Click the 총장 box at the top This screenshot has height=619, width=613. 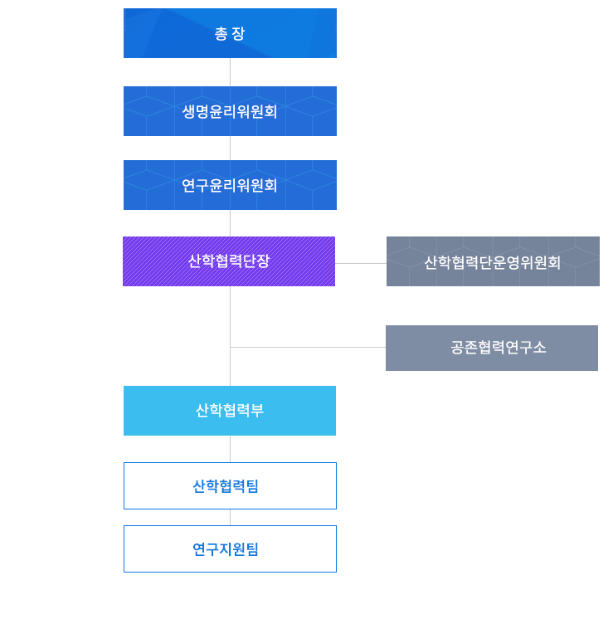(x=230, y=33)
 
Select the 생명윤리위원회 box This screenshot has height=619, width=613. (x=230, y=111)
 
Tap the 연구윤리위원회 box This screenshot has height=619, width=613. (x=230, y=185)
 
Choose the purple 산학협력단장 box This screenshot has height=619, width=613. (x=229, y=261)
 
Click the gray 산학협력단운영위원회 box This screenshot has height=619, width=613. (x=493, y=261)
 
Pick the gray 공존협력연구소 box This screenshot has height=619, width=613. (x=492, y=348)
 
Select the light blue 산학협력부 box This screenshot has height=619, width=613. (x=230, y=411)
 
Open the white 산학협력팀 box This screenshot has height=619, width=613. (x=230, y=485)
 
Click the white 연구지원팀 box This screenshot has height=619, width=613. (x=230, y=548)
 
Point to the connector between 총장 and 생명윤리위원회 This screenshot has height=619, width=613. (x=230, y=72)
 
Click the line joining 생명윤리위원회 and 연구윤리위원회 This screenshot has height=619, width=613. (x=230, y=148)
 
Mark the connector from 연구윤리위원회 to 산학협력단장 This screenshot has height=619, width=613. (x=230, y=223)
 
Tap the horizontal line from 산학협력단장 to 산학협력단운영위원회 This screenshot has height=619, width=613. (x=361, y=263)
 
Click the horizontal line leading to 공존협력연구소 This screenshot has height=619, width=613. (x=308, y=347)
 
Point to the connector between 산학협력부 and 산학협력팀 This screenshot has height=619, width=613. (x=230, y=449)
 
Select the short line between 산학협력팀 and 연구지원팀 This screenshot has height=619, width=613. (x=230, y=517)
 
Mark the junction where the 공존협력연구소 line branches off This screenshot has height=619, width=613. (x=230, y=347)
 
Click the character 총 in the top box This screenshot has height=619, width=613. (x=221, y=34)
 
